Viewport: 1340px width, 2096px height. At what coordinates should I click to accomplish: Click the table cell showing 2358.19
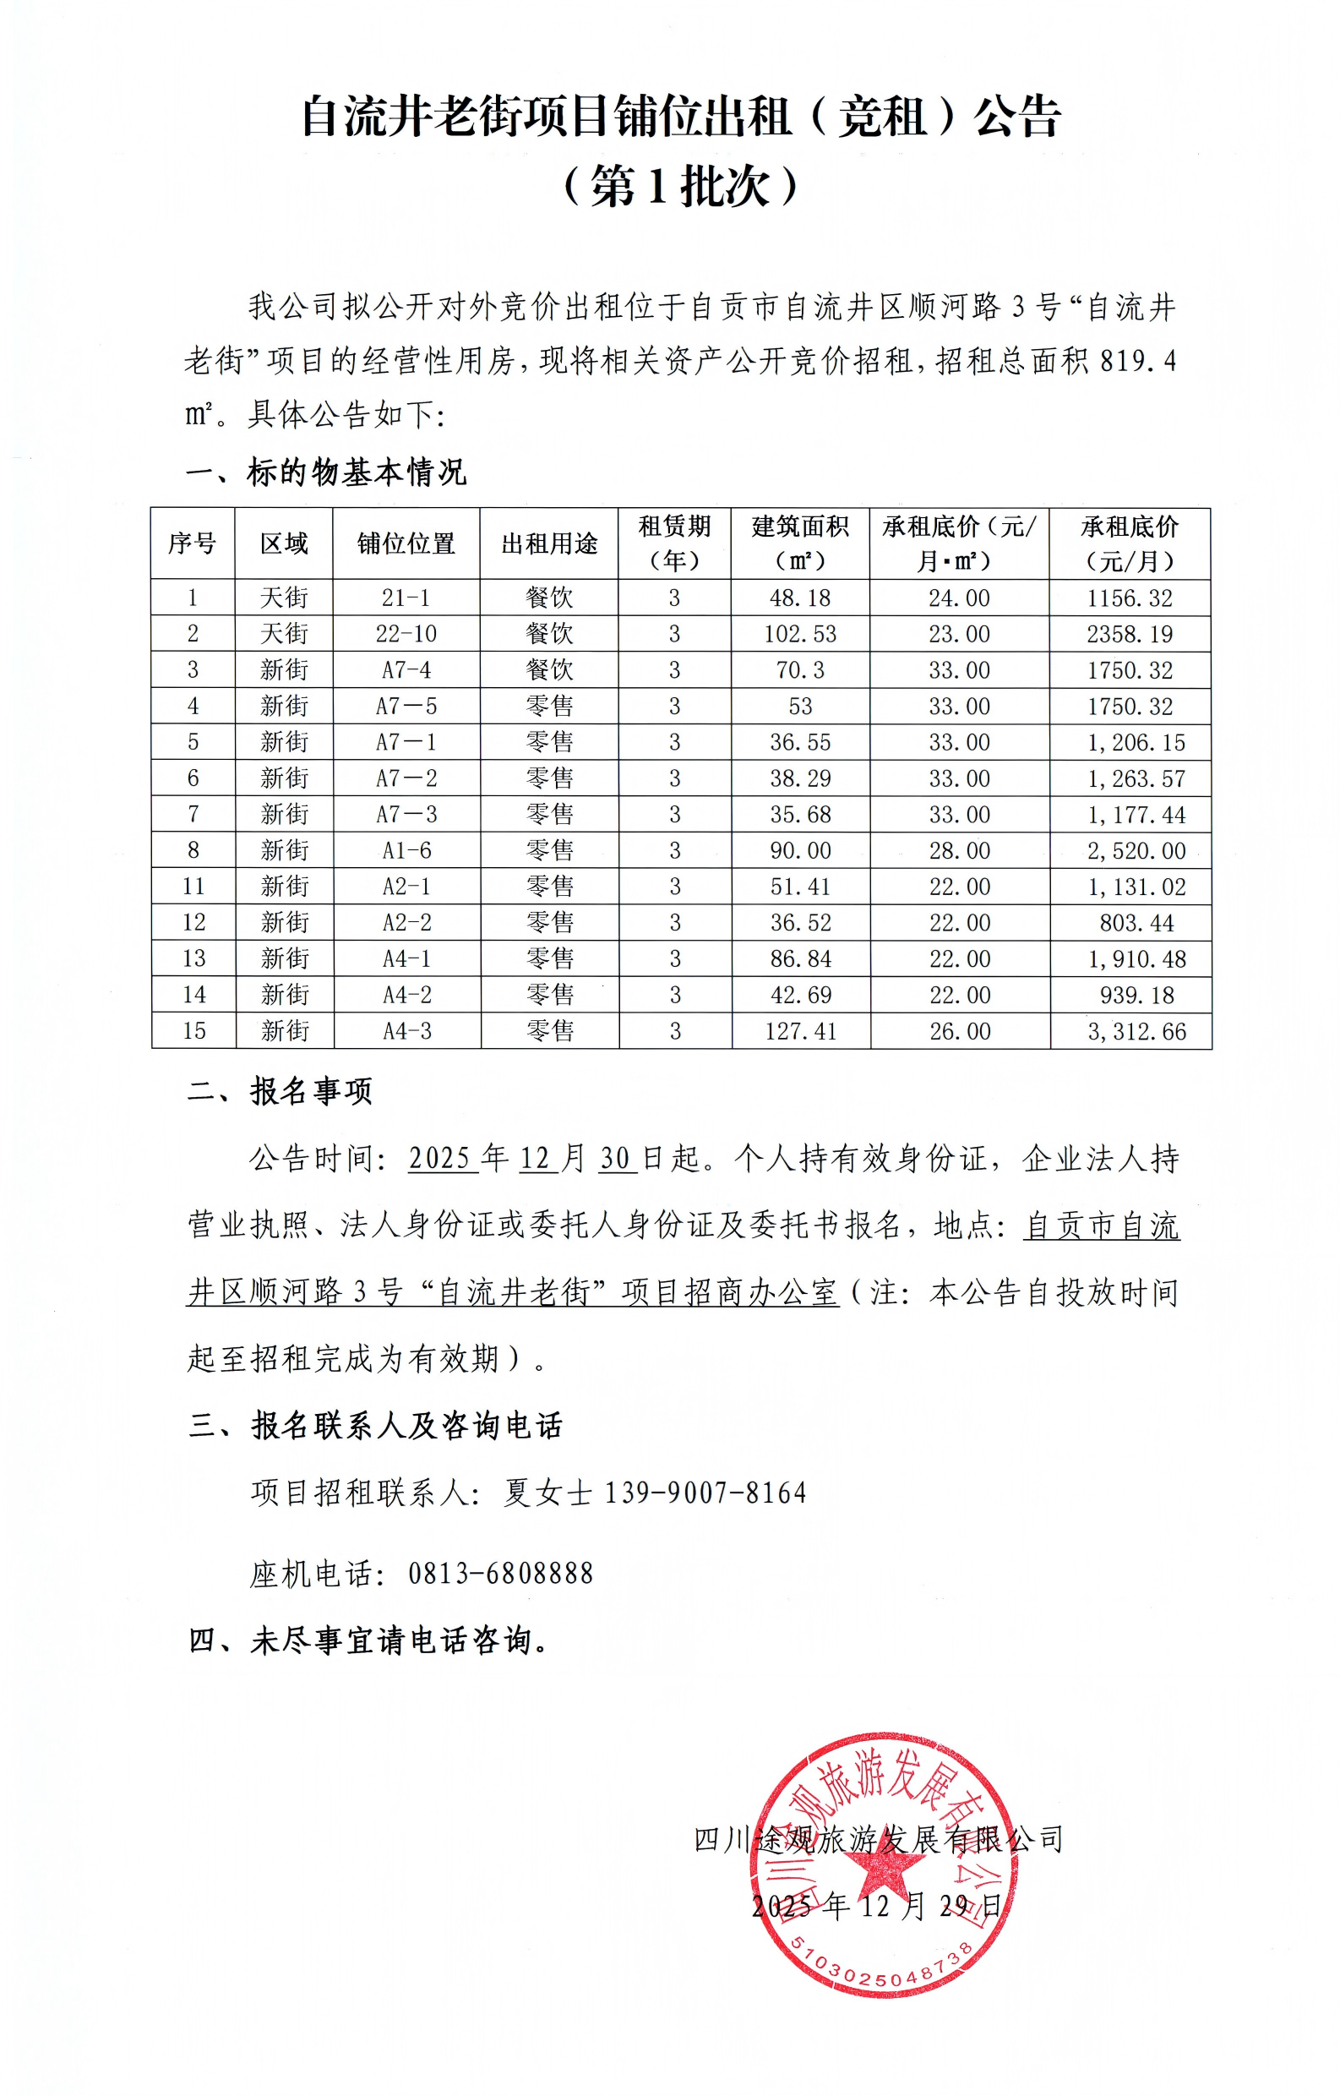[1130, 634]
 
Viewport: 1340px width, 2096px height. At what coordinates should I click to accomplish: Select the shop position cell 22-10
[406, 634]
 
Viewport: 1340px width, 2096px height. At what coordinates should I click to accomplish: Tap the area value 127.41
[800, 1031]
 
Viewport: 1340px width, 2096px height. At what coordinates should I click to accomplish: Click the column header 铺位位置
[406, 544]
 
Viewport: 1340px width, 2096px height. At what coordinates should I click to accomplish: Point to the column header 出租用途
[549, 544]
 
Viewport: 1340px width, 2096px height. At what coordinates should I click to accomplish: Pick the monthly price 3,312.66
[1136, 1031]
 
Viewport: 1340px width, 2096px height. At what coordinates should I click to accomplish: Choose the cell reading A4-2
[406, 995]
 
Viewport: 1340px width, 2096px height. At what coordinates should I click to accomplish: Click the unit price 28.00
[960, 850]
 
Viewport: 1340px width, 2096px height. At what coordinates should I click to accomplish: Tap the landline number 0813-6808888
[500, 1573]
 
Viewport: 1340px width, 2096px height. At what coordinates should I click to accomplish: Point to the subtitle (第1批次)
[680, 186]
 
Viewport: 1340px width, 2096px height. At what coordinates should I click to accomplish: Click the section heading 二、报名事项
[281, 1090]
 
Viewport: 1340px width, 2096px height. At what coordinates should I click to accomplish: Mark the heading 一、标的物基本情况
[326, 472]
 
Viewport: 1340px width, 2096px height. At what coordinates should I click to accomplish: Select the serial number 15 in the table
[193, 1031]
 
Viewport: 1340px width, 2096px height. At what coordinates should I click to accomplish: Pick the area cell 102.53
[800, 634]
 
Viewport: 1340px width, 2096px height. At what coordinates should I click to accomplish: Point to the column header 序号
[193, 544]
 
